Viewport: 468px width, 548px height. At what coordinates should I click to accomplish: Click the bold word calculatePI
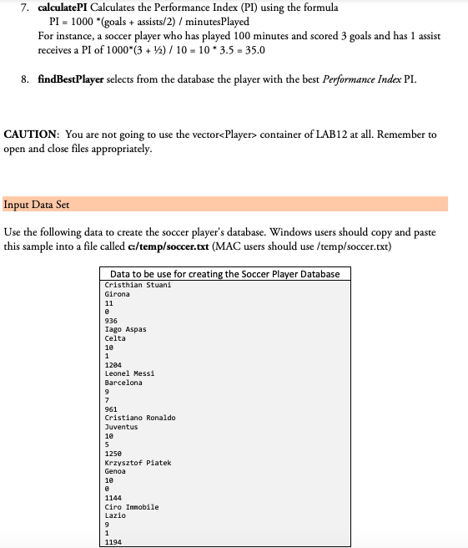tap(68, 8)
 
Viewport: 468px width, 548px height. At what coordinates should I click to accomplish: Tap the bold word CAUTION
tap(30, 134)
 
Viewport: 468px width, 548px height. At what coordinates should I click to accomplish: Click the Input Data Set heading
tap(38, 204)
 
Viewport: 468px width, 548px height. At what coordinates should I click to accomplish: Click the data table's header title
tap(224, 275)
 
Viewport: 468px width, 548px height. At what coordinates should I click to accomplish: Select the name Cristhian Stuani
tap(138, 286)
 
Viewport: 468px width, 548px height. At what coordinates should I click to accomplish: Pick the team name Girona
tap(117, 295)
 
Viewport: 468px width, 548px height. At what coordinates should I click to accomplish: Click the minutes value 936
tap(111, 321)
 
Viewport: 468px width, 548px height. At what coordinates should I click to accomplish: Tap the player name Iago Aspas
tap(125, 330)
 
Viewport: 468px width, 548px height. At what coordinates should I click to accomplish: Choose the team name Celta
tap(115, 338)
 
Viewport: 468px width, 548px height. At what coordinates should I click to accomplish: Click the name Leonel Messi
tap(129, 373)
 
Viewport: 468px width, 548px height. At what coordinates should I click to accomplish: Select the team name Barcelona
tap(123, 383)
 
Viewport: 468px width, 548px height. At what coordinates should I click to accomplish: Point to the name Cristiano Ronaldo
tap(140, 418)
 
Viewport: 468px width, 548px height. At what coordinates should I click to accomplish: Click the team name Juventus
tap(121, 426)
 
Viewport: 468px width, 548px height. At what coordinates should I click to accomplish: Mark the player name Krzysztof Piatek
tap(138, 462)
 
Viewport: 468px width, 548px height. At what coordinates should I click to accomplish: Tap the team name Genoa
tap(115, 470)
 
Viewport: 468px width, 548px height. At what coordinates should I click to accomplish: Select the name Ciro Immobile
tap(132, 506)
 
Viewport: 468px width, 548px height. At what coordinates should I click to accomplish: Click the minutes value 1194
tap(113, 541)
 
